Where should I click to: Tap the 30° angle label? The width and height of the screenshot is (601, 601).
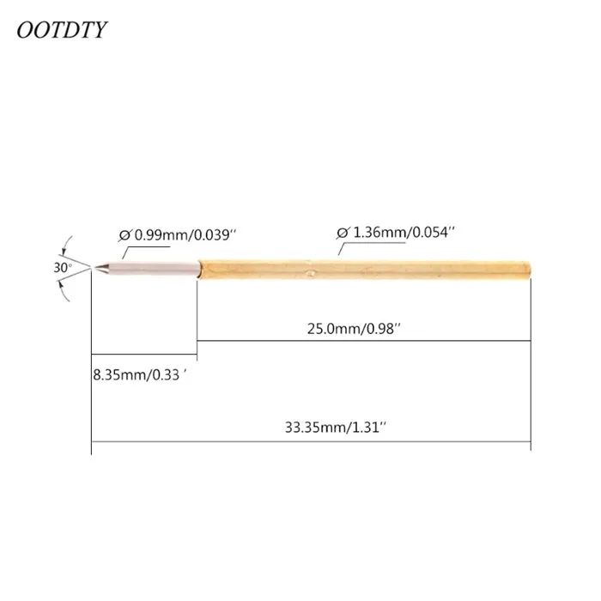tap(62, 268)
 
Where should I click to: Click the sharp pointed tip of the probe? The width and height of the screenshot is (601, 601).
tap(95, 268)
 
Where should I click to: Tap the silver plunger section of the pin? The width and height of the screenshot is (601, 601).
tap(150, 268)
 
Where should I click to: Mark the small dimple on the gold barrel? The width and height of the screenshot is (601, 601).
tap(311, 274)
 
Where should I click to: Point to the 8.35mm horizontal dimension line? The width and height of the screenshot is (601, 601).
tap(144, 357)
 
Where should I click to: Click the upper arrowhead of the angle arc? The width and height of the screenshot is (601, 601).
tap(66, 246)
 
